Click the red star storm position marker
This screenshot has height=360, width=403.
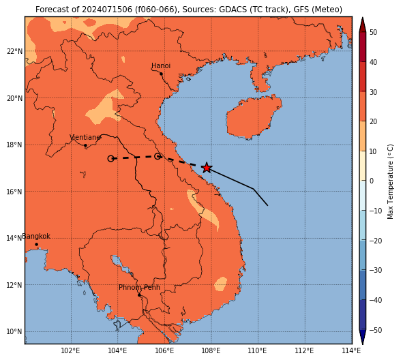207,168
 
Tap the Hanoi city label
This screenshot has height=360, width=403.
161,65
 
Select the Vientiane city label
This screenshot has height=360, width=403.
85,137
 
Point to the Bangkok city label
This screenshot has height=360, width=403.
36,236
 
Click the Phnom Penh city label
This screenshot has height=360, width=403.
139,287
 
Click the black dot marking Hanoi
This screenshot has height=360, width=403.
161,74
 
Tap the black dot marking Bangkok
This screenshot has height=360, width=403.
37,244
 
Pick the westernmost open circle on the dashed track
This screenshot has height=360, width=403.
110,159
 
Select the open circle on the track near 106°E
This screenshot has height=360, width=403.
158,156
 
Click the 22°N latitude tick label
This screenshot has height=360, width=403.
14,51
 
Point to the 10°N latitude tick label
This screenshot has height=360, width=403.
14,331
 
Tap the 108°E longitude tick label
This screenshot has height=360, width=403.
212,350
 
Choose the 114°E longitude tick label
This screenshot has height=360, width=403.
352,350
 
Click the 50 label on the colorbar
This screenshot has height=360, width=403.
374,32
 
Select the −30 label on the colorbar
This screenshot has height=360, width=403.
376,270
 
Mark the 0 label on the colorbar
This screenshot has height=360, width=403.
372,181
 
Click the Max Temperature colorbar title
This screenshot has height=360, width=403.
391,181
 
